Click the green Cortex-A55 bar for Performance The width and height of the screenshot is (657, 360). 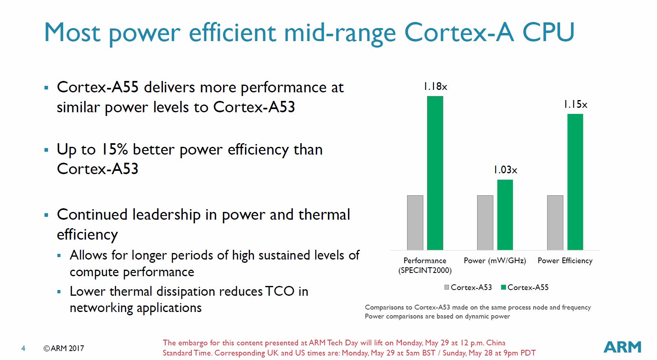click(x=435, y=173)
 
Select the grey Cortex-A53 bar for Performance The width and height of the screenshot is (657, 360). click(x=415, y=223)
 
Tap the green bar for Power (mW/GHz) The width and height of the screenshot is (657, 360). click(x=505, y=215)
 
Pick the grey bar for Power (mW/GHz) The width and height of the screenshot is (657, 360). click(x=485, y=223)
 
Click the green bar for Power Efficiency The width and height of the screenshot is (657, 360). click(x=575, y=182)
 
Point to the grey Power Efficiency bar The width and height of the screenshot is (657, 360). click(x=555, y=223)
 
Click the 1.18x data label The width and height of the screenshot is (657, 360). click(x=435, y=87)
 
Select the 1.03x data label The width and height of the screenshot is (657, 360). click(x=505, y=170)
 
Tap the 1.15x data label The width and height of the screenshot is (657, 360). click(x=576, y=105)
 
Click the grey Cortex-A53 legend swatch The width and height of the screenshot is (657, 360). click(x=447, y=287)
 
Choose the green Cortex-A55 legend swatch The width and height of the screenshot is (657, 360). click(x=503, y=287)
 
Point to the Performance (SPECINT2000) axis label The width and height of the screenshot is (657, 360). click(x=425, y=265)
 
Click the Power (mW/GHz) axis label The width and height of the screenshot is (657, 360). click(x=495, y=261)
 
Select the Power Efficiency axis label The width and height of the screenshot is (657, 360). click(x=565, y=261)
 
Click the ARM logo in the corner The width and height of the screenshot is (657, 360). click(x=622, y=347)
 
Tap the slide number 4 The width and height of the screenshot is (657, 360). click(x=23, y=348)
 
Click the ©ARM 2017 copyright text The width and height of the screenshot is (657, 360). click(x=64, y=348)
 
